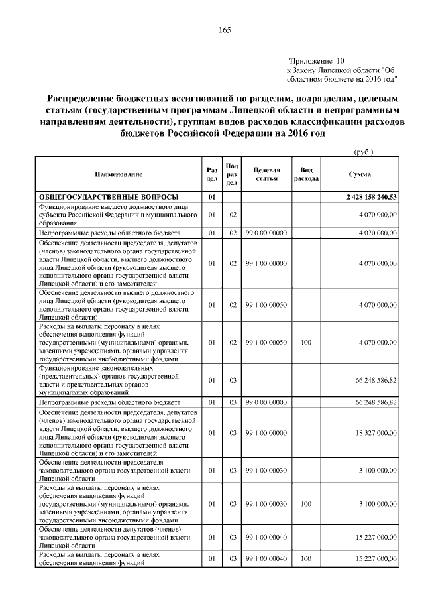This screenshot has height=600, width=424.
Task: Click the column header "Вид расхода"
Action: click(x=306, y=174)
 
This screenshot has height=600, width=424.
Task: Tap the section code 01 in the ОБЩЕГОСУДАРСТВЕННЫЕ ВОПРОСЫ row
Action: click(x=212, y=197)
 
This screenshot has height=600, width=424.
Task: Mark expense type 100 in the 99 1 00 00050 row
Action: click(x=306, y=343)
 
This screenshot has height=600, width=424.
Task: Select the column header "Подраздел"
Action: click(x=233, y=174)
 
